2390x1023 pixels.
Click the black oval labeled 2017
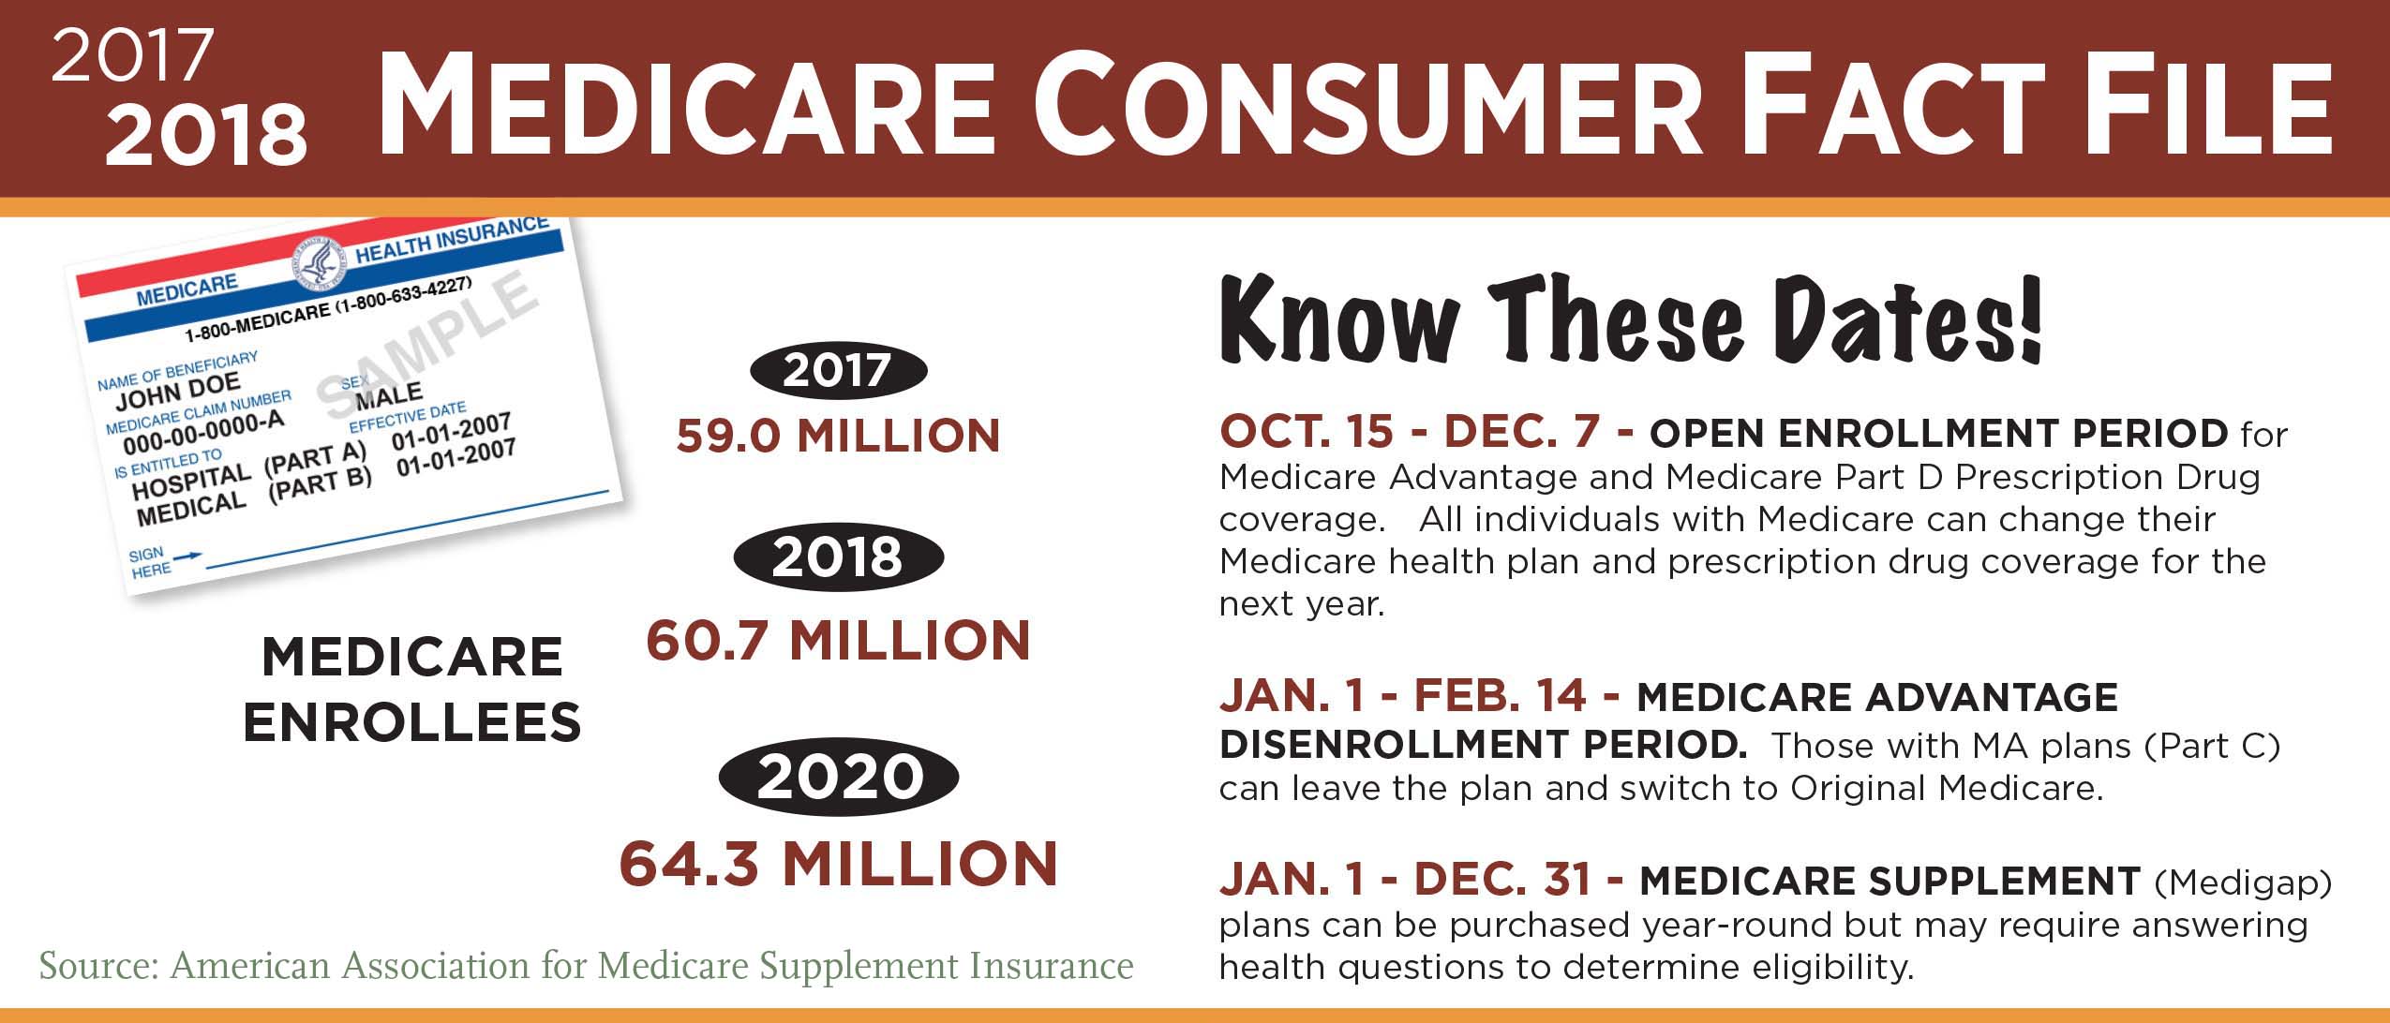839,371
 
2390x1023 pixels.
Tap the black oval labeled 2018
839,558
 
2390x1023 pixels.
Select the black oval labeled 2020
839,778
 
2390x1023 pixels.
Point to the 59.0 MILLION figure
839,437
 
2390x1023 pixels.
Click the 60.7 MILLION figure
839,641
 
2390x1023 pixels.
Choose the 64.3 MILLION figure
839,864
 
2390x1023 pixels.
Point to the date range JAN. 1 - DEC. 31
1422,880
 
